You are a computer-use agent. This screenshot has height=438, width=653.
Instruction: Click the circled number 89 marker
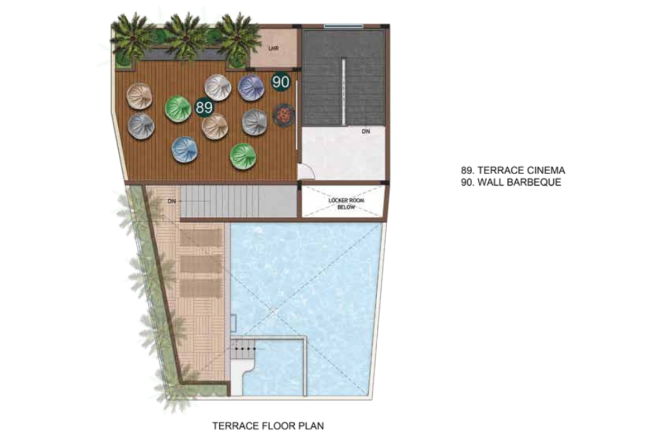(204, 108)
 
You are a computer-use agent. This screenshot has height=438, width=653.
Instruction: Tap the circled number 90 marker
(281, 81)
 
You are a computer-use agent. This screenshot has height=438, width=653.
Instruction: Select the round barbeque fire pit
(284, 114)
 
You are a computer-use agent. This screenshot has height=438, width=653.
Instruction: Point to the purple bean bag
(251, 87)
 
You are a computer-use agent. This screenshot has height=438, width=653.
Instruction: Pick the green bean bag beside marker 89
(178, 109)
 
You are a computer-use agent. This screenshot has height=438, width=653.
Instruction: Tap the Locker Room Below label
(346, 204)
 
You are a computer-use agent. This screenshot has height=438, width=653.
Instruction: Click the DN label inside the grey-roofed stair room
(366, 131)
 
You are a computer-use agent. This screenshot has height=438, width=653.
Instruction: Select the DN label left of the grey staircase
(171, 201)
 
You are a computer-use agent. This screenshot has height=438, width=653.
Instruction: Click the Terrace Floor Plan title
(268, 426)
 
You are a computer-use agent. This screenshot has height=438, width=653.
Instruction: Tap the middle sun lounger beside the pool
(200, 264)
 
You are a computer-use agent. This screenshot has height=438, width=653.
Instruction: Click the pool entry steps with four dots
(243, 349)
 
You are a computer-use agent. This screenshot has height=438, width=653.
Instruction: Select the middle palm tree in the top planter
(186, 37)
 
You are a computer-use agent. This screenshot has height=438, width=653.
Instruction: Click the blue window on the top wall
(344, 26)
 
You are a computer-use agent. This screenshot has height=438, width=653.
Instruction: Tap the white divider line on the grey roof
(344, 92)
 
